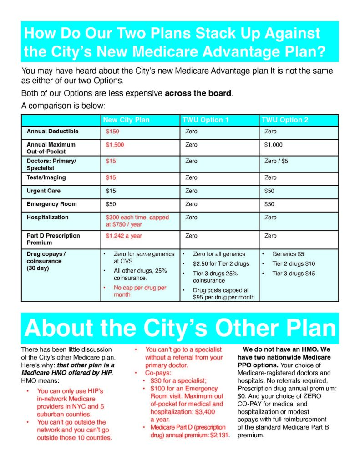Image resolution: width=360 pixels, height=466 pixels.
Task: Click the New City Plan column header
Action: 126,120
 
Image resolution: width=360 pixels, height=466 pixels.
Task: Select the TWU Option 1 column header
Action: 205,120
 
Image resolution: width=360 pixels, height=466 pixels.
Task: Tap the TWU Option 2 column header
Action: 284,120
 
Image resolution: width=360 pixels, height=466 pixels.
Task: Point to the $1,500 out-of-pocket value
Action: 115,145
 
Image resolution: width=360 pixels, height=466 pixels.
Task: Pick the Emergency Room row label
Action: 51,204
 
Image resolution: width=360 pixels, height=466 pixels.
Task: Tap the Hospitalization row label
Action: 47,217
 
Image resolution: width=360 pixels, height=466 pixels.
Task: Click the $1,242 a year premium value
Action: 124,236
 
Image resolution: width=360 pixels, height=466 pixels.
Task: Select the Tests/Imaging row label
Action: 46,177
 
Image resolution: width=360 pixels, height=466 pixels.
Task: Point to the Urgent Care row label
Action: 43,191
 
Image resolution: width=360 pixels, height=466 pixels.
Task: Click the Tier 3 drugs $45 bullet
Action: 293,274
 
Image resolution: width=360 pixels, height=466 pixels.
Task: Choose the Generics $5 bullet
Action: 288,254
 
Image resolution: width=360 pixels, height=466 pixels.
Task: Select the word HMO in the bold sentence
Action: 313,349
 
